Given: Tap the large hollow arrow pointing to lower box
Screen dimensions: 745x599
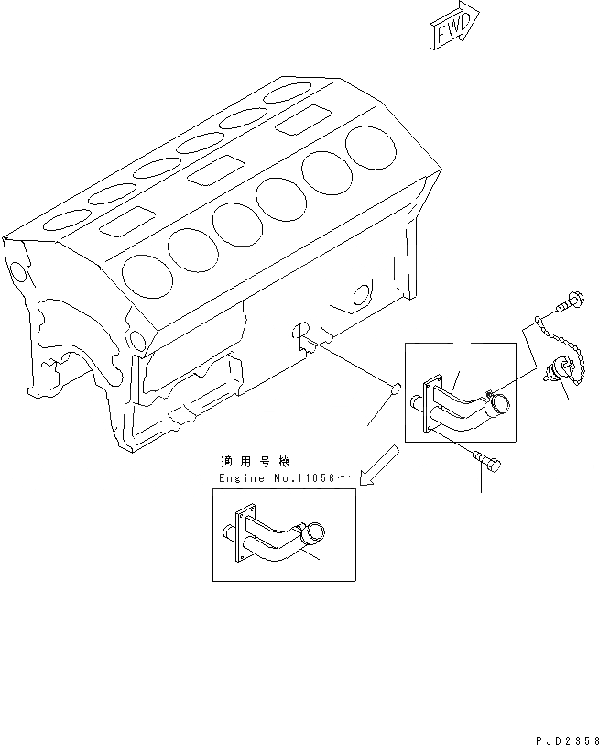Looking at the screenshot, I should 378,465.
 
